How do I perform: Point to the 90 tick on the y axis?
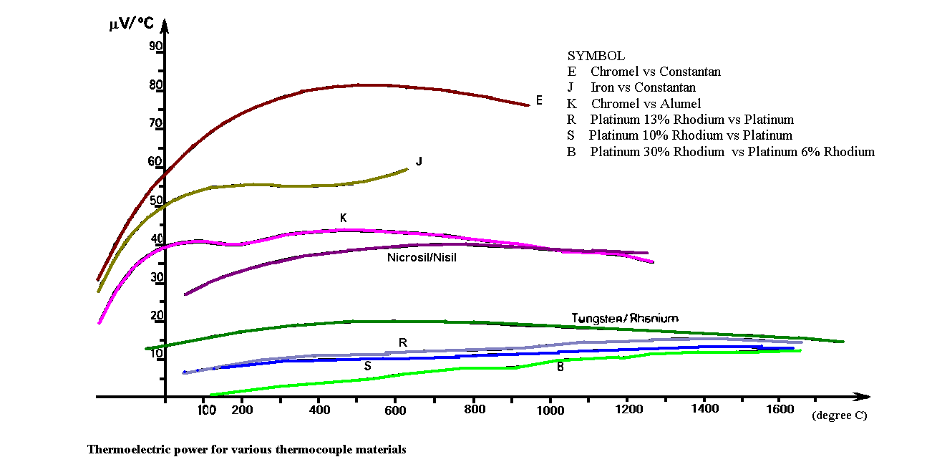tap(156, 47)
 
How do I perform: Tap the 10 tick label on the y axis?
tap(156, 353)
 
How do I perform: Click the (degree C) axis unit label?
tap(839, 415)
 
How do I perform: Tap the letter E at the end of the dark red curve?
tap(538, 100)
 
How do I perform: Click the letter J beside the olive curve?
tap(419, 161)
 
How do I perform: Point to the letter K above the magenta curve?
tap(344, 217)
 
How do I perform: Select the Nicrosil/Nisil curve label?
tap(421, 258)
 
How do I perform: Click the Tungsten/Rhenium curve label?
tap(624, 318)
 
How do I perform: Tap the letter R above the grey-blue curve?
tap(402, 342)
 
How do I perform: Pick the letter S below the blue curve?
tap(367, 365)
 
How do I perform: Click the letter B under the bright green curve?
tap(560, 367)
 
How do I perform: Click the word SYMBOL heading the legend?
tap(596, 55)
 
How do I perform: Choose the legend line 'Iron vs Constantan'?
tap(642, 87)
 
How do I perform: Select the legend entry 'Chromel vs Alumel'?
tap(645, 104)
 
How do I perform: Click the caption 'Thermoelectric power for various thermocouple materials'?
tap(246, 450)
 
